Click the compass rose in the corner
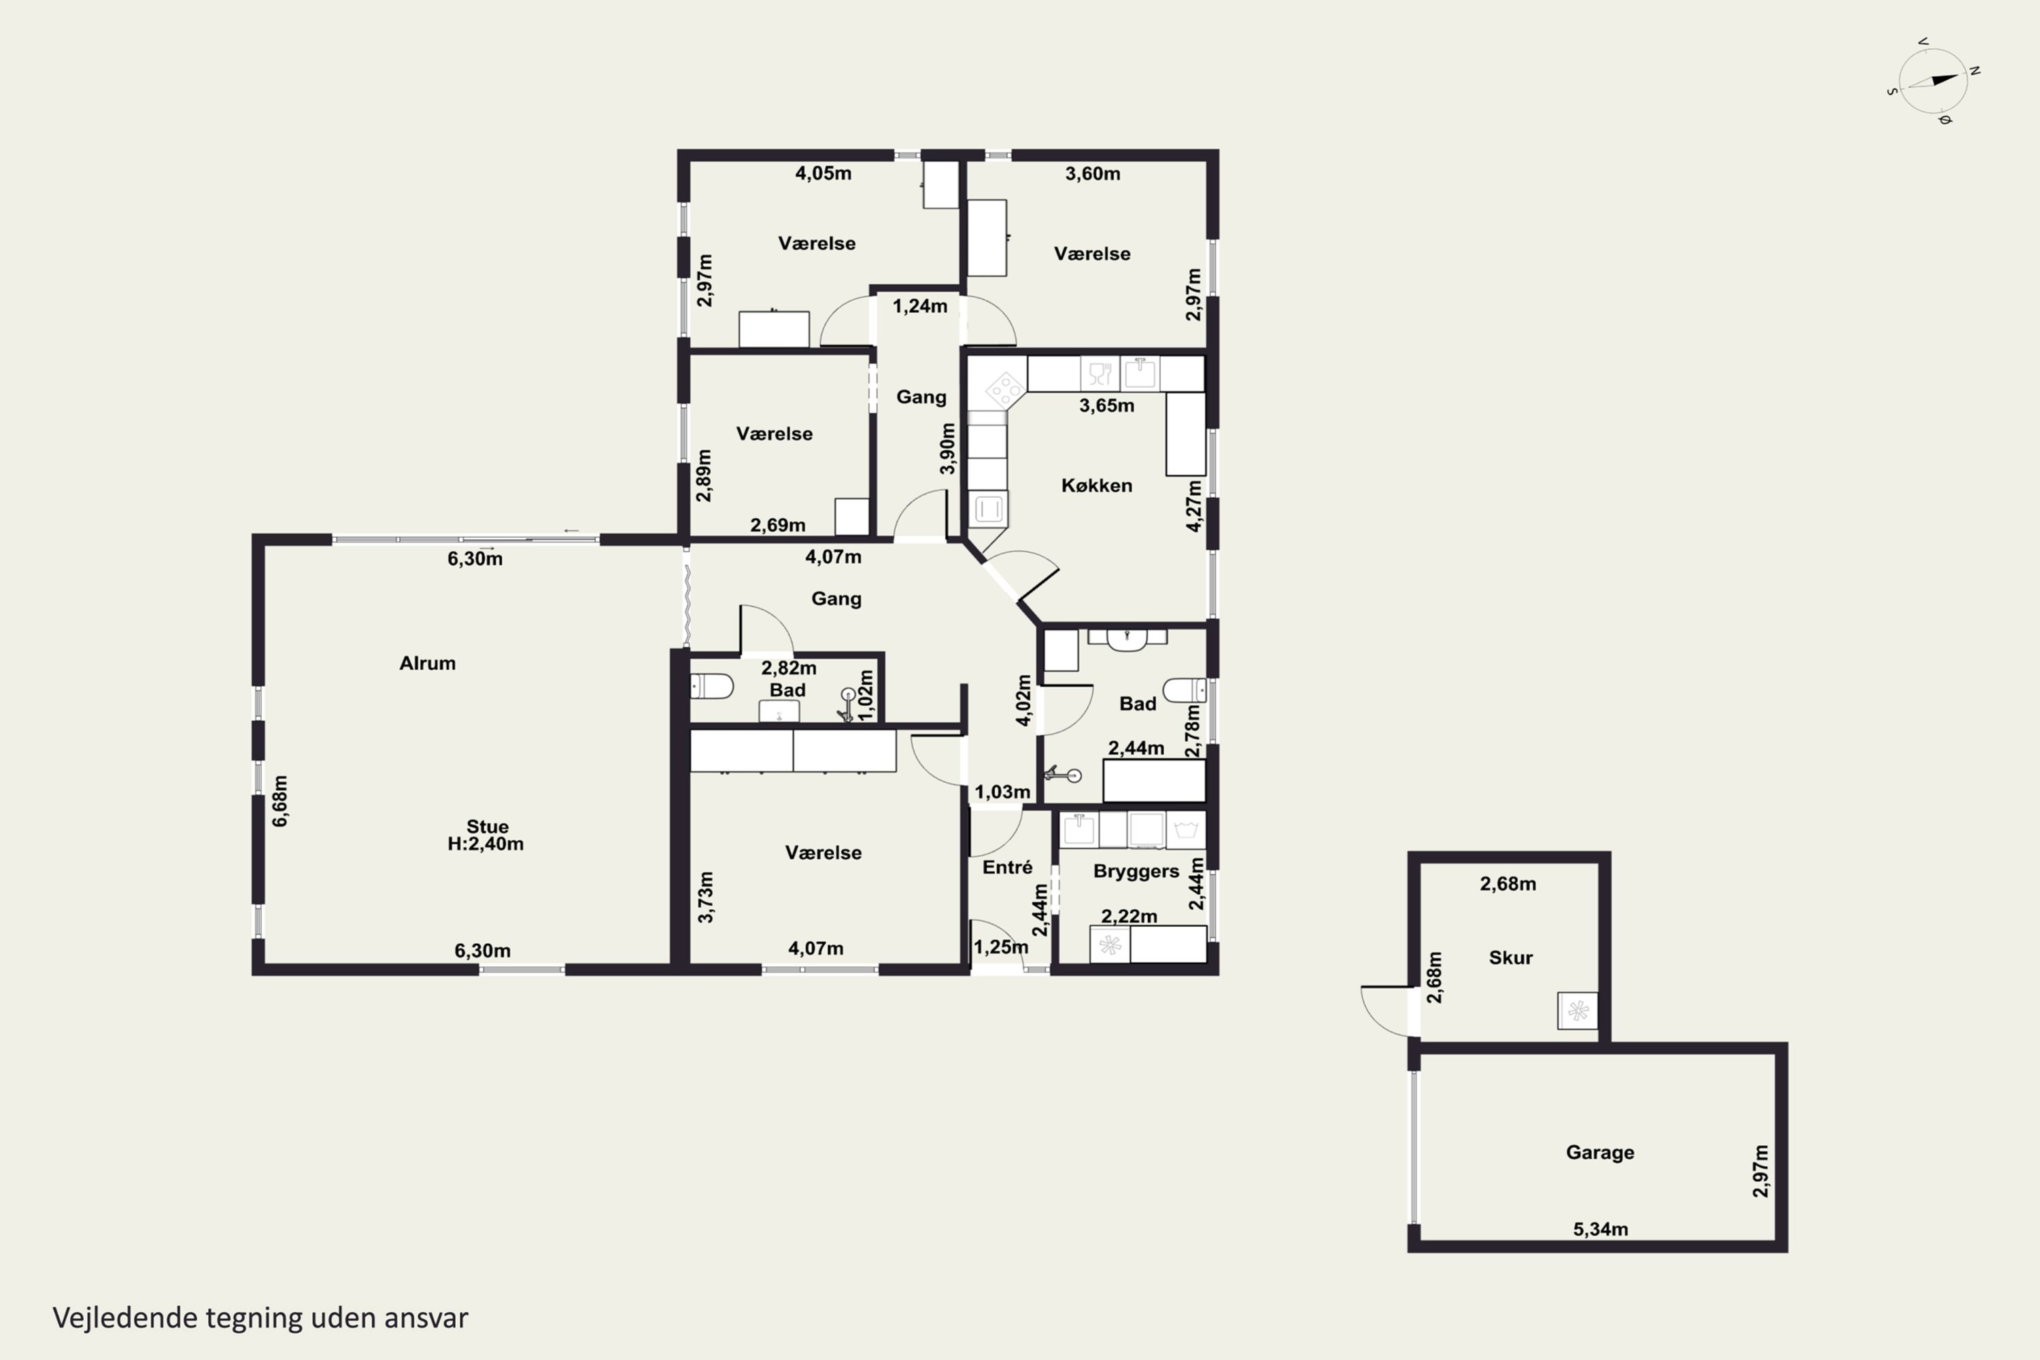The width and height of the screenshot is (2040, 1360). tap(1933, 82)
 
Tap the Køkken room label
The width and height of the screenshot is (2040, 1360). tap(1096, 486)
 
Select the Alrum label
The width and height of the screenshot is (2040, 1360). tap(427, 664)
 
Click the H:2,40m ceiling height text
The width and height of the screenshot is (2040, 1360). tap(486, 844)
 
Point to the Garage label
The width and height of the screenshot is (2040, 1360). tap(1599, 1153)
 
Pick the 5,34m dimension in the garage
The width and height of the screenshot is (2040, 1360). tap(1600, 1229)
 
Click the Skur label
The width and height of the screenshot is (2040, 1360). tap(1510, 957)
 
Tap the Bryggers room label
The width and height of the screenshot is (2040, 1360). tap(1136, 872)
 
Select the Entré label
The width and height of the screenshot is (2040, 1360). tap(1007, 868)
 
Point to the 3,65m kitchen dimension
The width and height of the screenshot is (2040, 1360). tap(1107, 406)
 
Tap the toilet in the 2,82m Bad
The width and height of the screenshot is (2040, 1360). tap(711, 687)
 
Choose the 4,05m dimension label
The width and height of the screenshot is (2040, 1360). tap(823, 173)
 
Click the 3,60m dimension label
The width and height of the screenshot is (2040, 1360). tap(1092, 173)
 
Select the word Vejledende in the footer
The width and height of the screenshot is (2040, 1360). tap(125, 1319)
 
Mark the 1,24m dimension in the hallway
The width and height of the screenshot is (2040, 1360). tap(919, 306)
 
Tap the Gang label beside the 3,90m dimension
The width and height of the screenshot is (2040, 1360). tap(921, 397)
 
